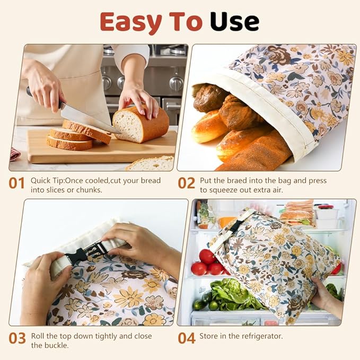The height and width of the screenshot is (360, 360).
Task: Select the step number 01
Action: tap(16, 183)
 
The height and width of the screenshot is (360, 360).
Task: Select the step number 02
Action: tap(186, 183)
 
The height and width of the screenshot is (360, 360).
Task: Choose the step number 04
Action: tap(186, 338)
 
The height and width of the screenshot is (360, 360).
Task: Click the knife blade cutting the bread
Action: tap(85, 118)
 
